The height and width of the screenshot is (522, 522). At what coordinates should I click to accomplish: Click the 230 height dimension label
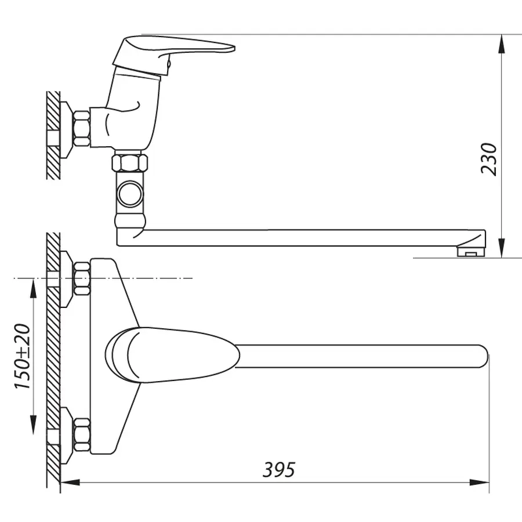tap(488, 159)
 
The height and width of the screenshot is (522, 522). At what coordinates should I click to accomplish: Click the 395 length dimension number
tap(279, 470)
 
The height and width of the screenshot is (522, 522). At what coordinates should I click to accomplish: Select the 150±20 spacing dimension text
tap(23, 356)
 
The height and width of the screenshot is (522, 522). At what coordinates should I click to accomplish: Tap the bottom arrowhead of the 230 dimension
tap(501, 248)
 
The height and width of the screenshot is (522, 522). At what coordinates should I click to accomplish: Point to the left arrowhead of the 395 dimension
tap(71, 483)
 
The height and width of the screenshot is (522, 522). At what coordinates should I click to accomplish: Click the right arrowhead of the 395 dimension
tap(480, 483)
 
